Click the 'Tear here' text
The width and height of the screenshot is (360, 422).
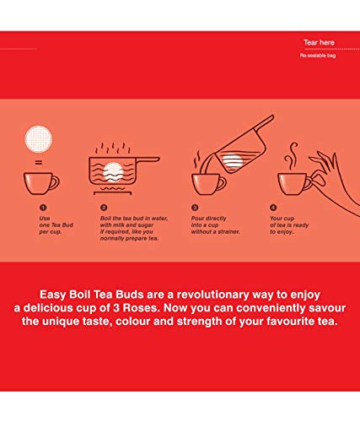(319, 42)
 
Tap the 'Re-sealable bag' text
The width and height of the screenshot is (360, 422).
(318, 56)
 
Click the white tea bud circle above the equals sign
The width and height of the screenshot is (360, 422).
(39, 139)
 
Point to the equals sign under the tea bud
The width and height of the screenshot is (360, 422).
(39, 162)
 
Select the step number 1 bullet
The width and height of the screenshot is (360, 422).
(43, 208)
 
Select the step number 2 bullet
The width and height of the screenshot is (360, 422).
(104, 208)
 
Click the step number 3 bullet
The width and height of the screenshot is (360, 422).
(195, 208)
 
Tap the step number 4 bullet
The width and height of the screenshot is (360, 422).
(273, 208)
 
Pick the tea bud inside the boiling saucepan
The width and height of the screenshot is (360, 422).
(113, 172)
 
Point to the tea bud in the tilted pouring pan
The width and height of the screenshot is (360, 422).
(232, 161)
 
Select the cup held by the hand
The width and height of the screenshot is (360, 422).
(294, 184)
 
